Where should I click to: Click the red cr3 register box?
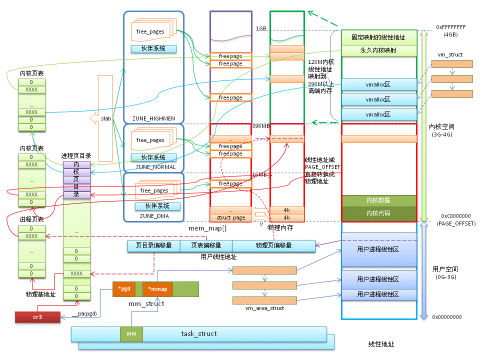click(x=37, y=316)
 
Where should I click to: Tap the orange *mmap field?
click(x=157, y=289)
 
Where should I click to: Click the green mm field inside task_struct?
click(x=131, y=333)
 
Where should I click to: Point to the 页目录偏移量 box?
click(x=153, y=245)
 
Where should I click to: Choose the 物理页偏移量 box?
click(x=273, y=245)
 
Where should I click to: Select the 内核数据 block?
click(x=378, y=200)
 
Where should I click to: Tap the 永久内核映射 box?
click(x=378, y=50)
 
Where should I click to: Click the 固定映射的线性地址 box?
click(x=378, y=37)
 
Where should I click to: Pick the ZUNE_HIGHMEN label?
click(x=153, y=118)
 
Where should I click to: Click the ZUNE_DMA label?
click(x=153, y=216)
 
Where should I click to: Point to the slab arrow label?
click(x=105, y=118)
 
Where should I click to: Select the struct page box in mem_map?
click(x=230, y=218)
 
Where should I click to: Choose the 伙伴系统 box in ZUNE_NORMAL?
click(x=154, y=157)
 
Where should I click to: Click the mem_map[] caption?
click(x=207, y=228)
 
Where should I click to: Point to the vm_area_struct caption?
click(x=264, y=308)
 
